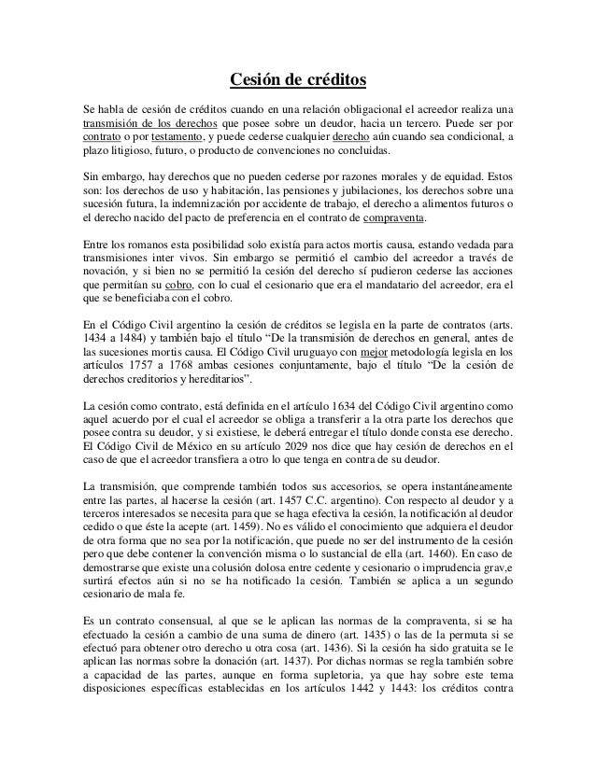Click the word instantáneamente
tap(462, 487)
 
